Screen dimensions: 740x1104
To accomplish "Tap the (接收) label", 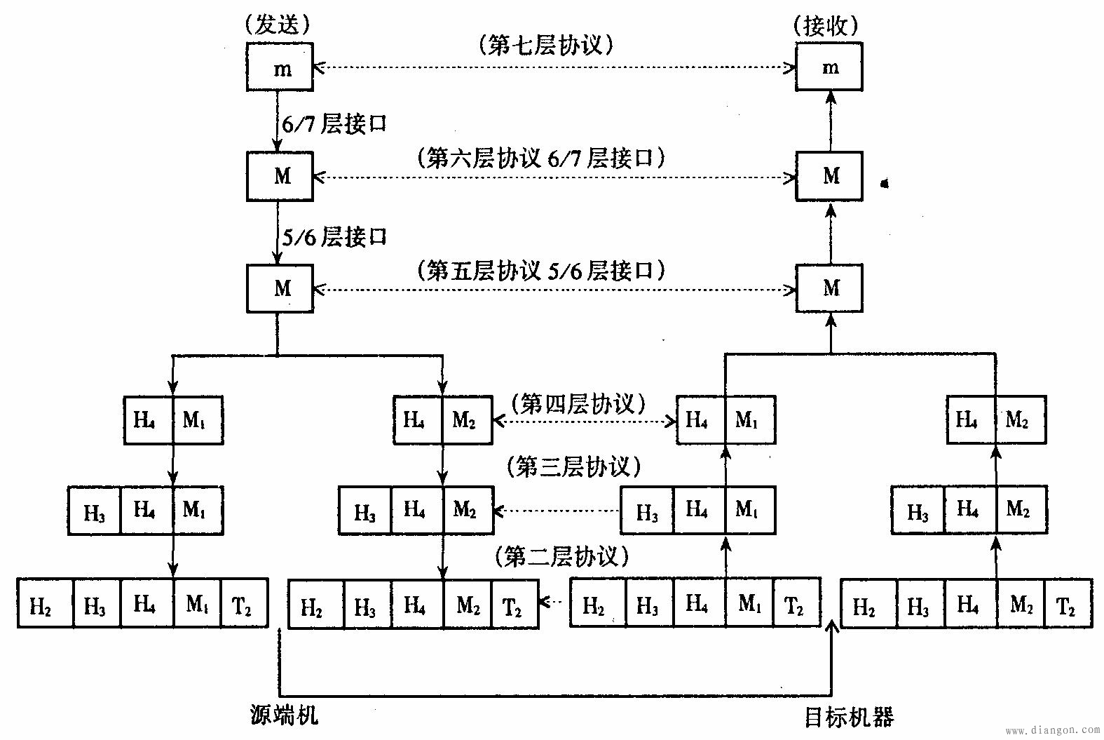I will click(827, 25).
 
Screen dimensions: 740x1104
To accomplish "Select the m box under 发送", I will click(280, 67).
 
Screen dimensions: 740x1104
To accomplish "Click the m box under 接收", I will click(829, 67).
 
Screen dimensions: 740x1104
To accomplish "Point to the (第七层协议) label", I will click(547, 46).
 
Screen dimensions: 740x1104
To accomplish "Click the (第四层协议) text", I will click(578, 404).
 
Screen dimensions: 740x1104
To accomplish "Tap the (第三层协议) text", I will click(573, 466).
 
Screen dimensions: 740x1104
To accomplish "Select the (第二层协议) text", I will click(561, 556).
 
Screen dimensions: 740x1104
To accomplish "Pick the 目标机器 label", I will click(848, 717).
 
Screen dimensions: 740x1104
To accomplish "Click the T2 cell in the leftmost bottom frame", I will click(244, 603).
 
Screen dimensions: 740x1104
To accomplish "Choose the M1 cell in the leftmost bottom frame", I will click(197, 603).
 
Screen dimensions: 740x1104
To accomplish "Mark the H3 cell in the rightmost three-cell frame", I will click(918, 511).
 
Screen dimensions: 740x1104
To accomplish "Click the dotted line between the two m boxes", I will click(554, 68).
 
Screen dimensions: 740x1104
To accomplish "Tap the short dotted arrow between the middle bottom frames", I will click(554, 601).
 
